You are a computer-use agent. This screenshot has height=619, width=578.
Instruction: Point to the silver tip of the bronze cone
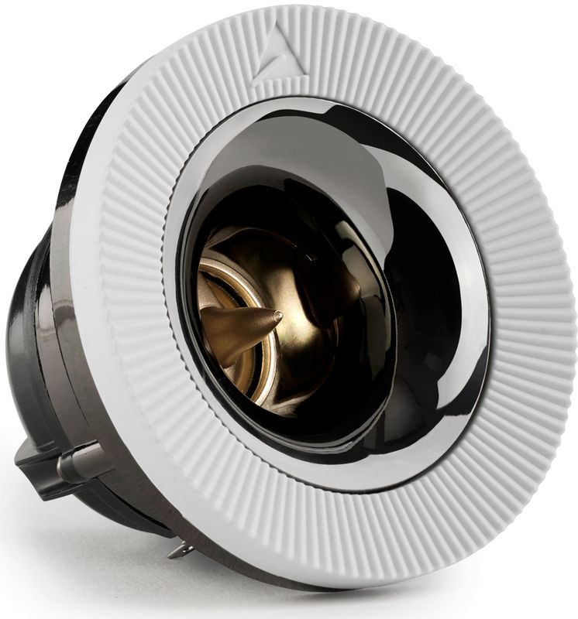tap(277, 316)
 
